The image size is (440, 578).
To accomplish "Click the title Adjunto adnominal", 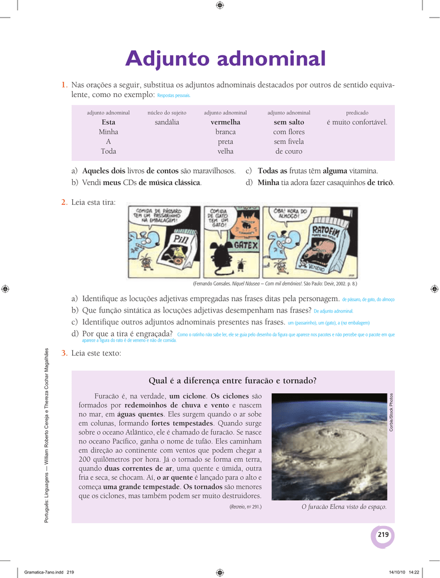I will (x=225, y=58).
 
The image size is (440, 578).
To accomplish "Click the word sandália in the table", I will (x=167, y=122).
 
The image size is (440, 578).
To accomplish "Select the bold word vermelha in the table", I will (x=225, y=122).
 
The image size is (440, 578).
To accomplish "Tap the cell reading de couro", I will (x=289, y=151).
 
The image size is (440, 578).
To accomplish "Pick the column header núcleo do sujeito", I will (x=167, y=113).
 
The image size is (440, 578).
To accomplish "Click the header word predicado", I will (x=357, y=113).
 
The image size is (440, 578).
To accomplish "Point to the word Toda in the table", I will (x=108, y=151).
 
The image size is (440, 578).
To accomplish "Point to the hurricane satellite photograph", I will (x=328, y=446).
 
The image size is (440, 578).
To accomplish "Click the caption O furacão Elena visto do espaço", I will (x=344, y=507).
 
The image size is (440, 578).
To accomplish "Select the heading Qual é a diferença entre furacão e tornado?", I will (x=232, y=380).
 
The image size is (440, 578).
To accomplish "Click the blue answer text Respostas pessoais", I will (x=174, y=96).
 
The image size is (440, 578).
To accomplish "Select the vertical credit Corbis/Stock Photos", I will (x=391, y=413).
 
